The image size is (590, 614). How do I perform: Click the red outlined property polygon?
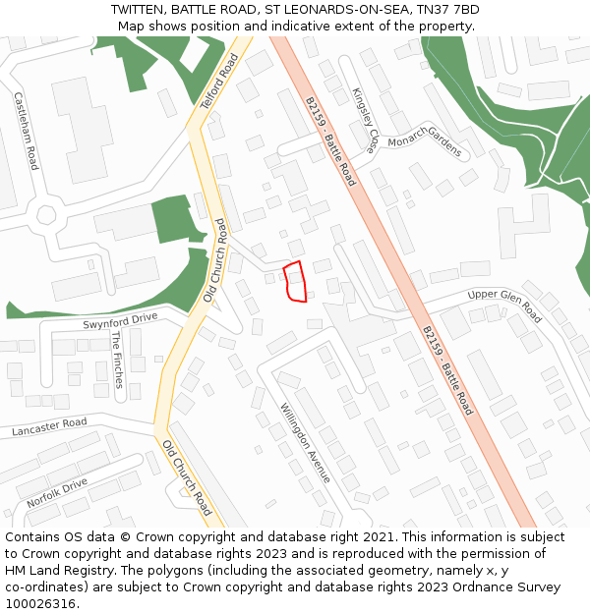coord(295,282)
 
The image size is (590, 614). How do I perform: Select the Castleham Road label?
coord(26,131)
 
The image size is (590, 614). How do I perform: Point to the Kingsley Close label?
coord(365,121)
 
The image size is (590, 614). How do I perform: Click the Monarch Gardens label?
coord(424,142)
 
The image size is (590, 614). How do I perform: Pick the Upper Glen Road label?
coord(504,306)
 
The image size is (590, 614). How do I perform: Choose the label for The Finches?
coord(117,359)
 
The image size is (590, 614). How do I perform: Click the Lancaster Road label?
coord(49,427)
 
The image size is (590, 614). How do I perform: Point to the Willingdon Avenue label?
coord(305,443)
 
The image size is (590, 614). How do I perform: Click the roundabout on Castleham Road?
coord(46,214)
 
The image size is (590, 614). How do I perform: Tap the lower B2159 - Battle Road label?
coord(447,370)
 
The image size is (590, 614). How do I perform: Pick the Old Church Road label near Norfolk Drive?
coord(188,476)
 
